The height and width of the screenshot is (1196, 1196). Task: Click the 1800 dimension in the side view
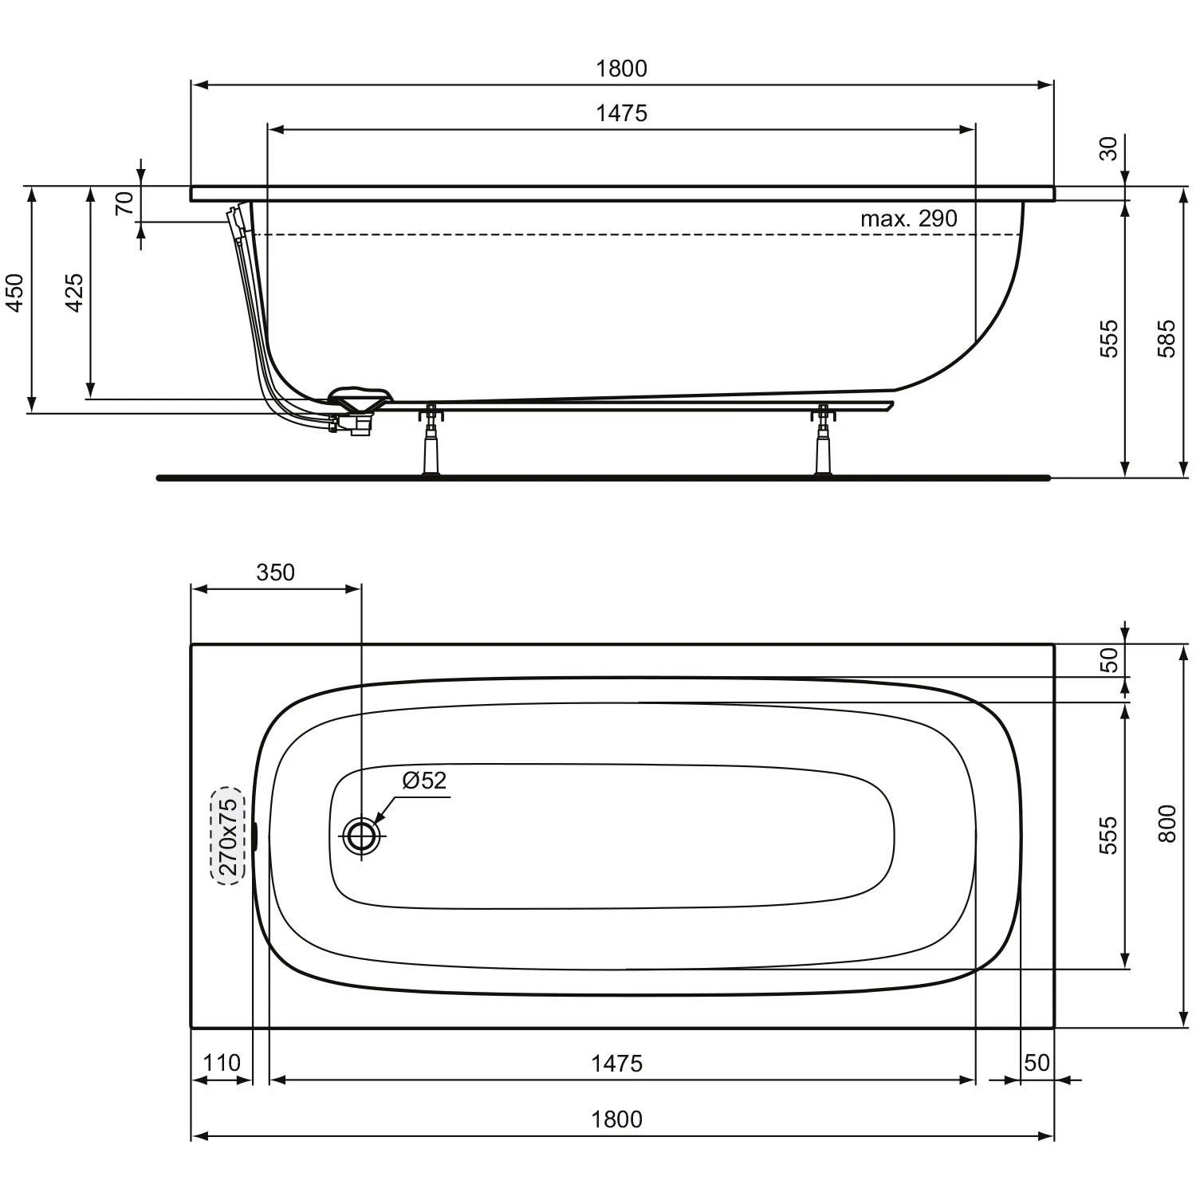(621, 69)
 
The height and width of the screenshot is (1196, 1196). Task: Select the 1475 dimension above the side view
(621, 113)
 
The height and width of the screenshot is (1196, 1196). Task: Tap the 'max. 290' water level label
(908, 218)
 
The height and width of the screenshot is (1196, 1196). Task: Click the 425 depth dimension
(73, 293)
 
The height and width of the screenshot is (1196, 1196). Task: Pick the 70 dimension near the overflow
(124, 204)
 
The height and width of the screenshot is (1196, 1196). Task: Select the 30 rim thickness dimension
(1109, 148)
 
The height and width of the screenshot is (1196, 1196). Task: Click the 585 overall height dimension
(1166, 338)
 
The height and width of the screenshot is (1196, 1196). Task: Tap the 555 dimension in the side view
(1109, 338)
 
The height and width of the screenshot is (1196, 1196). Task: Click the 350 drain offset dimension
(275, 572)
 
